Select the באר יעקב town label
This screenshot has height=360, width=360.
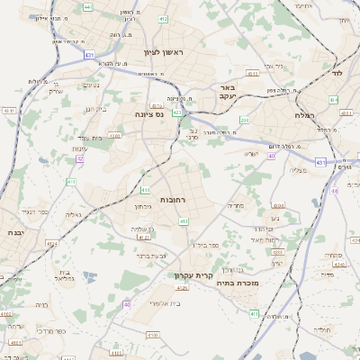click(x=227, y=93)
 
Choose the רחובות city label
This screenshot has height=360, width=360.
click(x=173, y=198)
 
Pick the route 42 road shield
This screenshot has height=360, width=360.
click(x=79, y=158)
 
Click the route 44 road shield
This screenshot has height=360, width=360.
click(x=334, y=191)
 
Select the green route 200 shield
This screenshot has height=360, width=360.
click(x=244, y=120)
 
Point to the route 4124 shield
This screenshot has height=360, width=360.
click(x=51, y=243)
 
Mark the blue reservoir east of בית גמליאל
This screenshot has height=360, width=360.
click(x=90, y=276)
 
